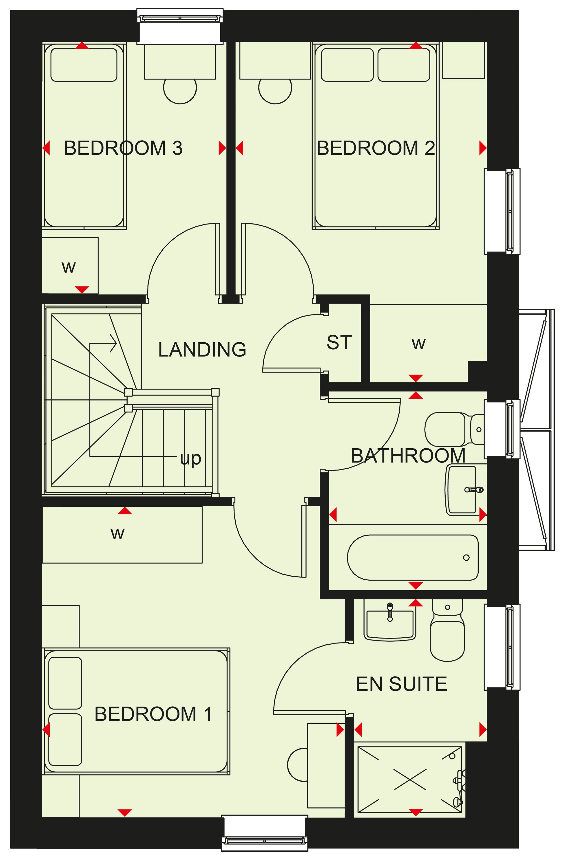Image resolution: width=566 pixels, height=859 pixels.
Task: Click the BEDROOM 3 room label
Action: click(x=123, y=148)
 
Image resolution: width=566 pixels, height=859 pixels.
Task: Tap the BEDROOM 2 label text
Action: click(x=376, y=148)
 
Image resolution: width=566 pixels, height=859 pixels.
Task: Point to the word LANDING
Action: click(x=202, y=349)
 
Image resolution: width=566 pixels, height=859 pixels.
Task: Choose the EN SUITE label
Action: click(x=401, y=684)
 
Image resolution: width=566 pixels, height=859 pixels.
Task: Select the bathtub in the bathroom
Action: click(x=413, y=558)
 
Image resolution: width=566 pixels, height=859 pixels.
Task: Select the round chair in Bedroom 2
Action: click(x=275, y=91)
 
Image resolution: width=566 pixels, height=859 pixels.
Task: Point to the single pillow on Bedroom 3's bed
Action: click(x=84, y=65)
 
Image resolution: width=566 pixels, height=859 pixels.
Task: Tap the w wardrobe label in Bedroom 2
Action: click(x=419, y=344)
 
